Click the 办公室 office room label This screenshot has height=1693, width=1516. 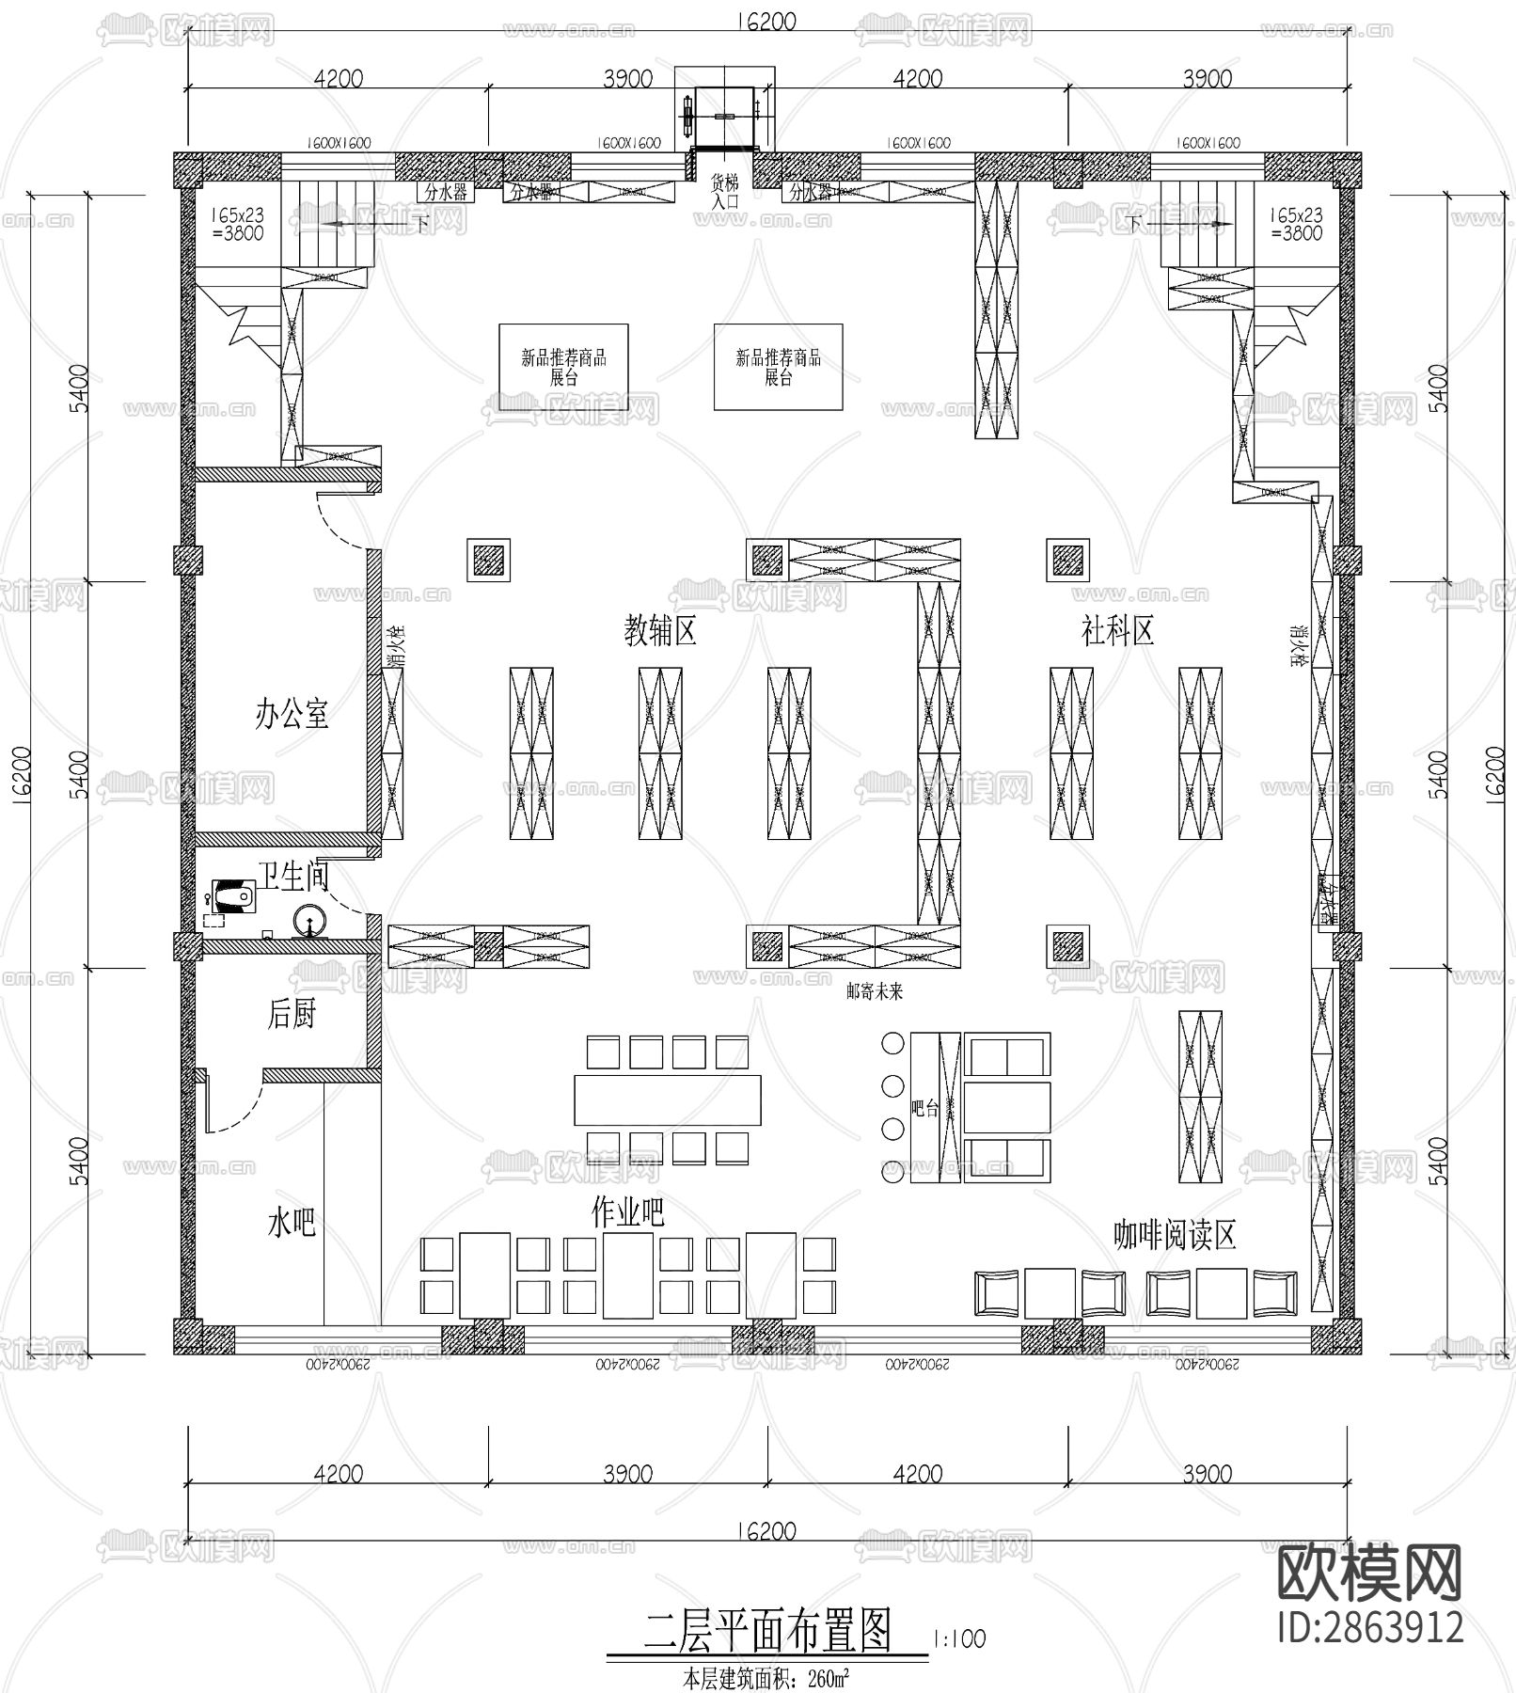tap(292, 715)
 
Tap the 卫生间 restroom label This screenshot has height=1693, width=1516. tap(293, 878)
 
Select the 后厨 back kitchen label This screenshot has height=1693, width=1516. tap(292, 1014)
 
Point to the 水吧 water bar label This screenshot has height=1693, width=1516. tap(292, 1224)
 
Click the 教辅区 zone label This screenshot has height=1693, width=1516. tap(660, 631)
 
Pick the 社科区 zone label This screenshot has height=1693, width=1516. tap(1117, 631)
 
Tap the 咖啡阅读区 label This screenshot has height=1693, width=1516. tap(1174, 1235)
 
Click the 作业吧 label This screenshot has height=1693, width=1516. tap(627, 1213)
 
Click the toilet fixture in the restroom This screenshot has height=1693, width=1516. tap(233, 895)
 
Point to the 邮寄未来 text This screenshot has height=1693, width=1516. tap(875, 991)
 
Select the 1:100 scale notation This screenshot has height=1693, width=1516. tap(959, 1638)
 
